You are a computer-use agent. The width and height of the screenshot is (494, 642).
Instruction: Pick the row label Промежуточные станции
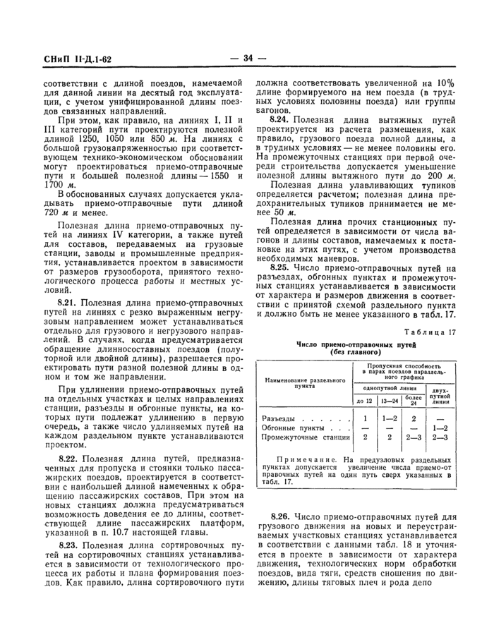(296, 437)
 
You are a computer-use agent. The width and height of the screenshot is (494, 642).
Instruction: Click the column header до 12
(364, 401)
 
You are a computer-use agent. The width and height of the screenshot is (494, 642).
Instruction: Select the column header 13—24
(390, 401)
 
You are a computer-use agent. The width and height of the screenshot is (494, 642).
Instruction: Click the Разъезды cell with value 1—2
(390, 419)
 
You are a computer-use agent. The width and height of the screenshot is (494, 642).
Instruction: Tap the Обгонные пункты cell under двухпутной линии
(441, 428)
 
